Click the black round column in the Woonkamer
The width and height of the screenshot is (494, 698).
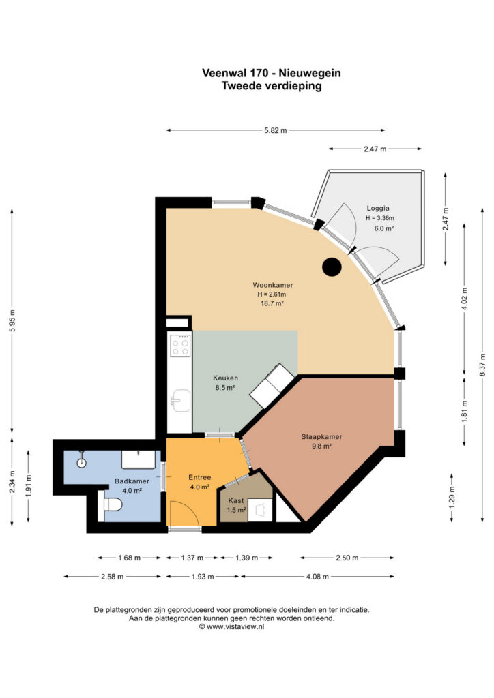(332, 267)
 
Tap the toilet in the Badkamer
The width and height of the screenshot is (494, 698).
(113, 506)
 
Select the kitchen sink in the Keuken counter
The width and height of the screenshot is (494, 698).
(180, 400)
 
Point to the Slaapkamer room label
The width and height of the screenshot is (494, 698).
(321, 437)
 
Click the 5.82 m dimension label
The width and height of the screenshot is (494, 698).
(276, 130)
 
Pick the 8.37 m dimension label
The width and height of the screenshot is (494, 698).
(483, 365)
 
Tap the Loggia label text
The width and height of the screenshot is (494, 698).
(378, 208)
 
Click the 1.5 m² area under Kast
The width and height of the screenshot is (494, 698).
(237, 510)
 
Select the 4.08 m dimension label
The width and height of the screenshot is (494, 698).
(317, 577)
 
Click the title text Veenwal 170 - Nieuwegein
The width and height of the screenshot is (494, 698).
(272, 73)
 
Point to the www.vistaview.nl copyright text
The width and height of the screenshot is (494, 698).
(231, 626)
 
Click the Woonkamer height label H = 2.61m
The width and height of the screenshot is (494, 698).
(272, 294)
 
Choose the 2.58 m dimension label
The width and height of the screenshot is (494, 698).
(113, 577)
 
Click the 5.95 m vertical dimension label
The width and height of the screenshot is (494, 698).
(12, 320)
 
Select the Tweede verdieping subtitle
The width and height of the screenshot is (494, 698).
(272, 86)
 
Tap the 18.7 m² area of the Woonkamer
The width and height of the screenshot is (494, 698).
(272, 303)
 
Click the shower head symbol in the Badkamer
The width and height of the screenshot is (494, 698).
(81, 459)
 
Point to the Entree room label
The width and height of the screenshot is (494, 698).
(199, 477)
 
